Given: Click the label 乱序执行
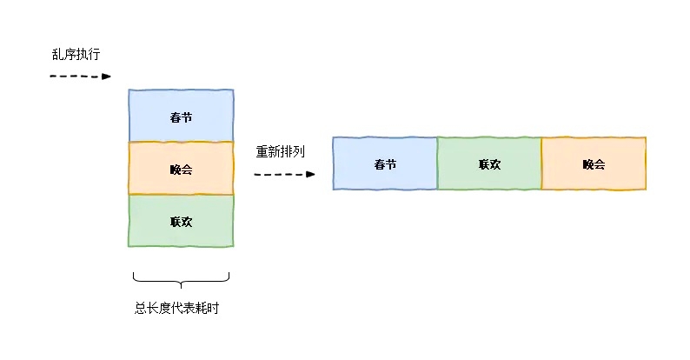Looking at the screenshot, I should tap(76, 54).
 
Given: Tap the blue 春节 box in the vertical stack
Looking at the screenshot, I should tap(181, 116).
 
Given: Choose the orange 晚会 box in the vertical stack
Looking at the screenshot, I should tap(181, 169).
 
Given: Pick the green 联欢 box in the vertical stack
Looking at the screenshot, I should tap(181, 221).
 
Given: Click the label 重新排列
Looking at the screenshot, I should tap(280, 151).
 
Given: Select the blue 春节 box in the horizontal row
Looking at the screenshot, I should tap(385, 163).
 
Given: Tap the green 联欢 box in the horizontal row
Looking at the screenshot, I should tap(489, 163).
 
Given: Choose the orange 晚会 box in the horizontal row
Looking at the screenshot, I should tap(594, 163).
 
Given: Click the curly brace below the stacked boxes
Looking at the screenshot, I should tap(181, 279).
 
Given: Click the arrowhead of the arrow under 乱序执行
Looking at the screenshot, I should tap(107, 77).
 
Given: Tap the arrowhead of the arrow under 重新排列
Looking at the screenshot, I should tap(310, 174).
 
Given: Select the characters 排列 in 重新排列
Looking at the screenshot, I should tap(292, 151).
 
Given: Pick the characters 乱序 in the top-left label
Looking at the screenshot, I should tap(63, 54).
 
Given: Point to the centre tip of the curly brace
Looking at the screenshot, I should tap(181, 285).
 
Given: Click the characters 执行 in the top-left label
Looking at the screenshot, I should tap(89, 54).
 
